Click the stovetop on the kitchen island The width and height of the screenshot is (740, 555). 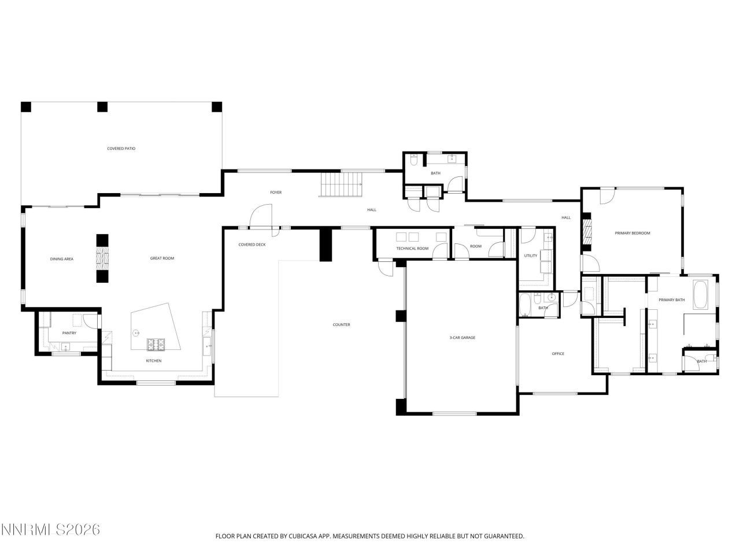(x=156, y=345)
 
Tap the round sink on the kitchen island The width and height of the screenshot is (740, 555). (x=136, y=332)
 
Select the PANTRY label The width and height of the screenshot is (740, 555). (x=69, y=333)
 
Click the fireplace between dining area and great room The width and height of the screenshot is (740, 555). (x=102, y=258)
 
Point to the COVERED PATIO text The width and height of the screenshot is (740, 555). (x=121, y=149)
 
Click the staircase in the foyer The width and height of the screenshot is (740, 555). (x=341, y=186)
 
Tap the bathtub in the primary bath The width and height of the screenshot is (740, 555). (x=700, y=294)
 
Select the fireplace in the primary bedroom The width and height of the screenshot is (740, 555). (x=588, y=230)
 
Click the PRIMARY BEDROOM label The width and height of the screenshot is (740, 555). (x=632, y=233)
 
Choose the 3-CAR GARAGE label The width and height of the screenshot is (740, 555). (x=462, y=338)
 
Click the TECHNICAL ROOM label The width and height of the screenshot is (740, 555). (x=412, y=249)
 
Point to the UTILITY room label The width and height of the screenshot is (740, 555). (x=530, y=256)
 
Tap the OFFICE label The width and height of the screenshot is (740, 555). (x=557, y=354)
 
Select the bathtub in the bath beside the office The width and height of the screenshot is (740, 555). (x=525, y=305)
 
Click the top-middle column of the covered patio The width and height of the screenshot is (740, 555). (x=102, y=106)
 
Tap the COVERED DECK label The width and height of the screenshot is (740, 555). (x=252, y=245)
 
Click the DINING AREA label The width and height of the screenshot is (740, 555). (x=61, y=259)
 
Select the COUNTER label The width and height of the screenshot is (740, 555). (x=341, y=325)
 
